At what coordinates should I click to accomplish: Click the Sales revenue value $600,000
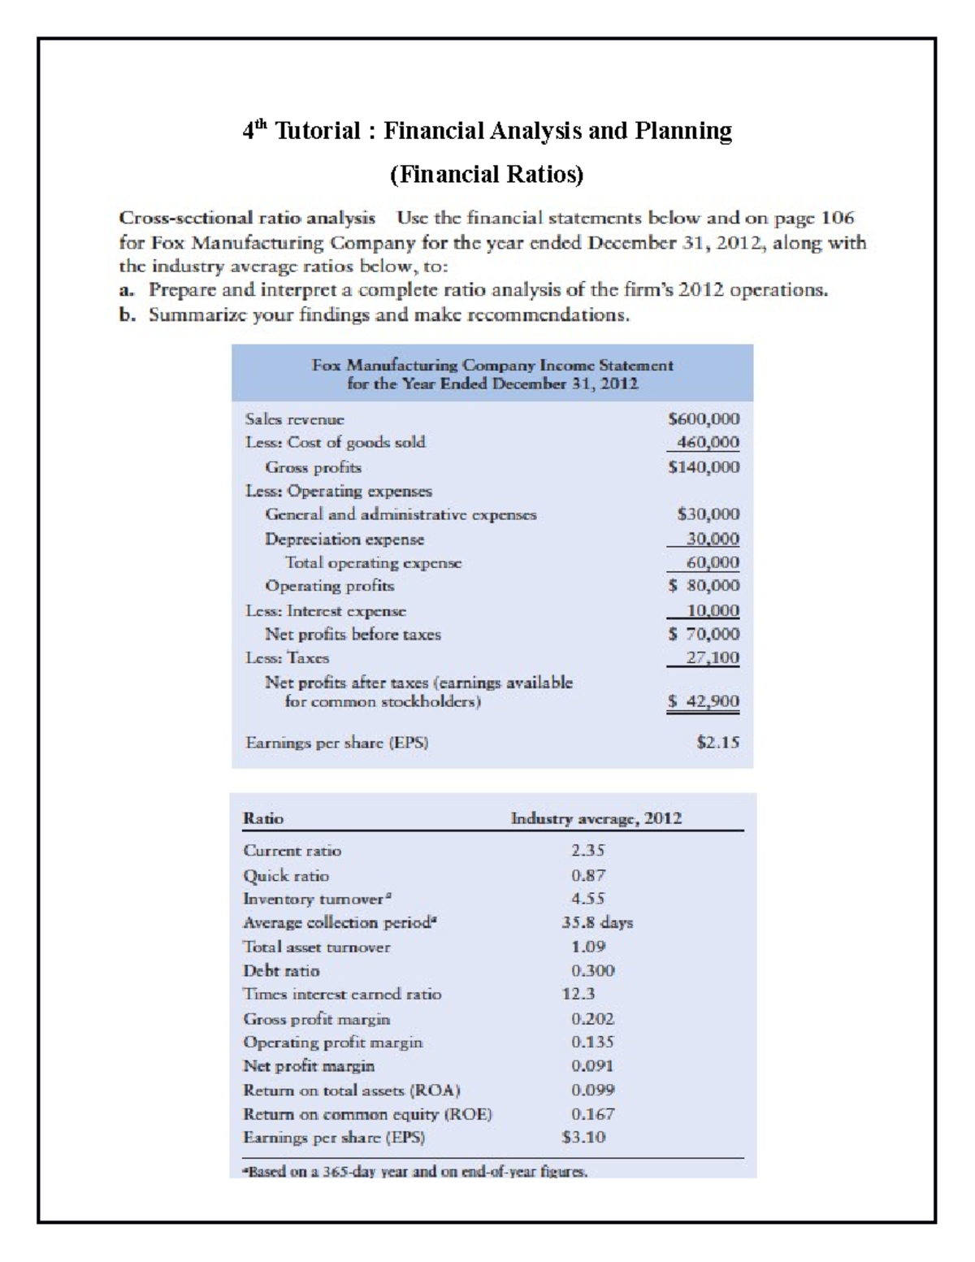703,419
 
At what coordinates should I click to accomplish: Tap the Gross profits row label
313,467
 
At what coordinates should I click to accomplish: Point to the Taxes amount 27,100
713,657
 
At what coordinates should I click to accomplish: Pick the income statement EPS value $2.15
718,742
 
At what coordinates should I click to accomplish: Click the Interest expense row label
326,610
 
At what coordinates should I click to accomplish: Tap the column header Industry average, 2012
596,818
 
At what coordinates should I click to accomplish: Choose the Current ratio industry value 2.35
587,851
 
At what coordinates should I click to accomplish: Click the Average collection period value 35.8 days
597,922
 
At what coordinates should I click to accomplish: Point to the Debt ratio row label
281,970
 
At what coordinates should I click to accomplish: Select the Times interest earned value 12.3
578,994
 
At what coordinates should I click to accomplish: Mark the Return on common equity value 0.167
592,1114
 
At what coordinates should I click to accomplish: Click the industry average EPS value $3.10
583,1138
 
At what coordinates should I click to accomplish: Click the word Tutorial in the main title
318,131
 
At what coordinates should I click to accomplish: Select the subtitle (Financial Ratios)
487,174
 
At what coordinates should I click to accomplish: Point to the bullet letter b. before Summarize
126,315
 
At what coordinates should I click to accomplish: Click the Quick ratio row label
286,875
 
